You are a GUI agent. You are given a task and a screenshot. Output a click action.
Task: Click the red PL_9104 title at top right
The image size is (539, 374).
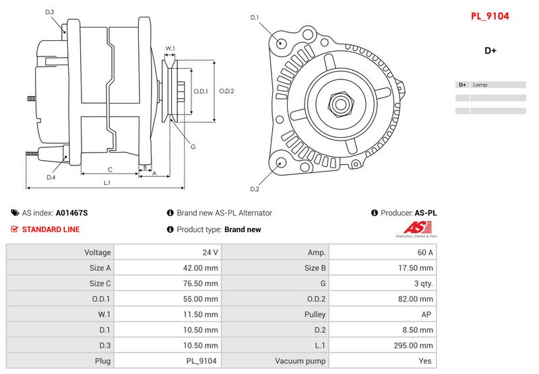pos(490,16)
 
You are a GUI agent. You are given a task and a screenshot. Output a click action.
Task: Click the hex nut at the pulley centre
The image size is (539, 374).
pos(341,104)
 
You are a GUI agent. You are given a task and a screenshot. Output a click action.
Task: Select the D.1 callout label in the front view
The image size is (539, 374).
pos(255,17)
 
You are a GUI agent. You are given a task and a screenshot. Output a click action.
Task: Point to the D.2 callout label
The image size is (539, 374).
pos(255,189)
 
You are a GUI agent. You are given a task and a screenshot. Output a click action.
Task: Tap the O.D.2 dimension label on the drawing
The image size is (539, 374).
pos(226,91)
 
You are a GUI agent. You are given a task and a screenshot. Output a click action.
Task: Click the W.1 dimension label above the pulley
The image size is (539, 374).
pos(170,48)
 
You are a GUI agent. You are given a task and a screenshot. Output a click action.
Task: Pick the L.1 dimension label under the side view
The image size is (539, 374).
pos(107,183)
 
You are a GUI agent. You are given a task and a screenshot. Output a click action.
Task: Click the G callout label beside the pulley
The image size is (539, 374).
pos(193,147)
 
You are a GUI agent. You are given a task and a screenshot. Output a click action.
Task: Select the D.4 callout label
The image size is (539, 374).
pos(51,177)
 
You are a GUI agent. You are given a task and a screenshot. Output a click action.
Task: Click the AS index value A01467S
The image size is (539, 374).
pos(72,213)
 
